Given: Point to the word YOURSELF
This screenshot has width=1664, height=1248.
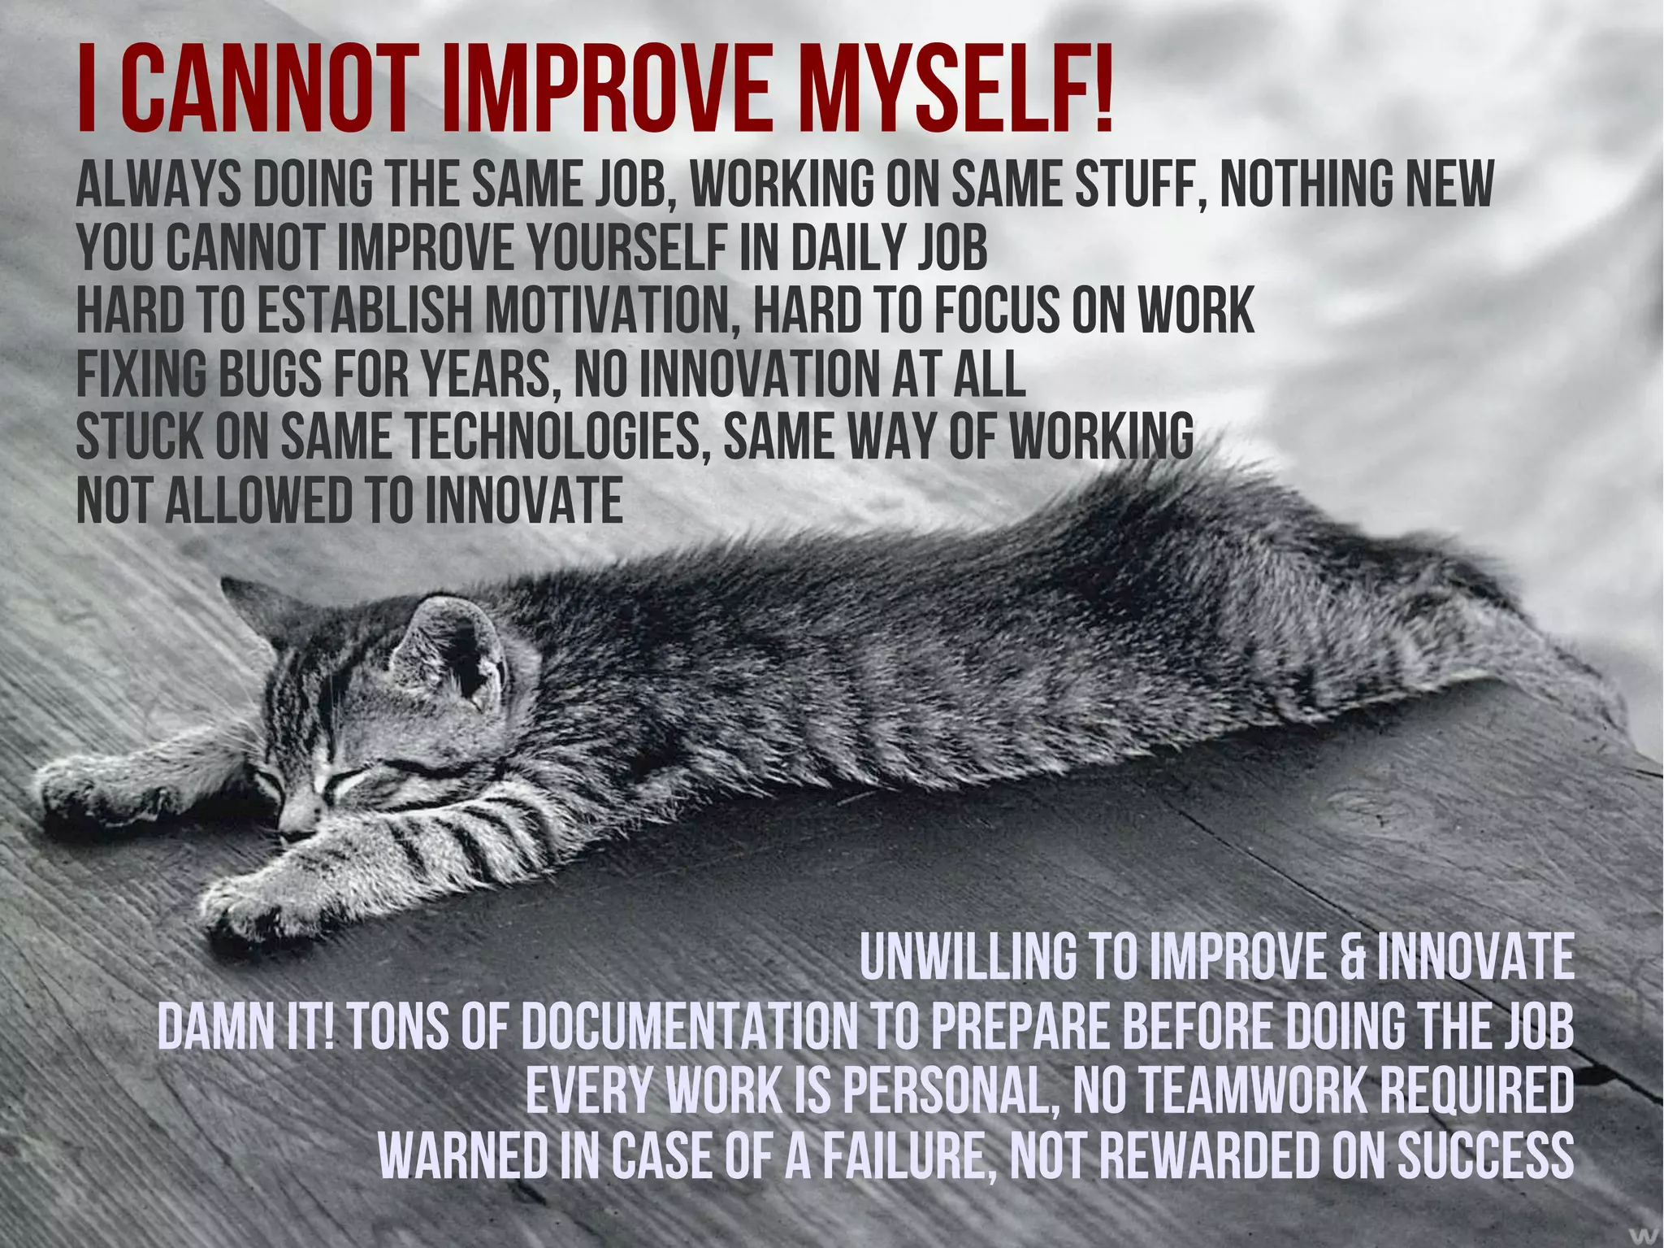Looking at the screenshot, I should click(626, 247).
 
